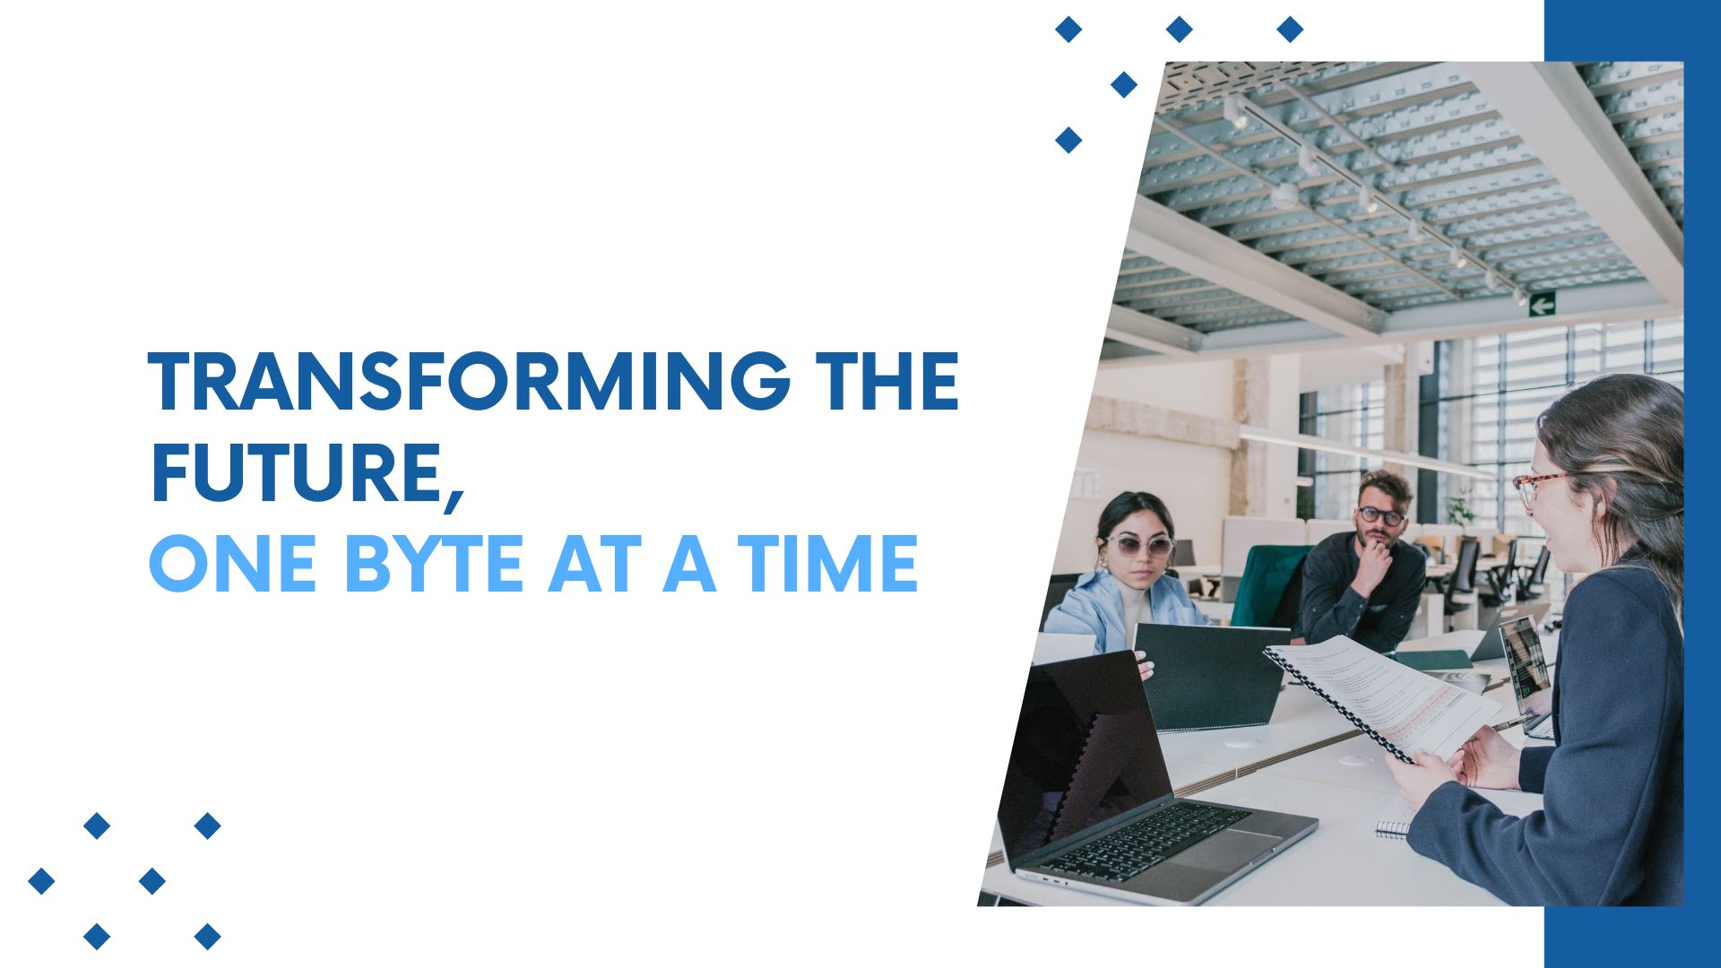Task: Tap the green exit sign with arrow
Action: [x=1542, y=305]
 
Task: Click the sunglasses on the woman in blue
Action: [x=1139, y=545]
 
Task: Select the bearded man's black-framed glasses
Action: [x=1380, y=516]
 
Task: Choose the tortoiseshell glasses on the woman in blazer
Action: [x=1536, y=486]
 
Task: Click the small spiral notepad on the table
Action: [x=1397, y=819]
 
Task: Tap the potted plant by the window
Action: [x=1460, y=508]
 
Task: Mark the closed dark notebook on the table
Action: [x=1210, y=676]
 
